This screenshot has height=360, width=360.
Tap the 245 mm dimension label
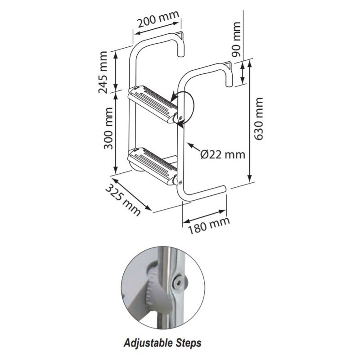click(103, 72)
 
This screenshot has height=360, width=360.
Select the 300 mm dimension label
click(108, 128)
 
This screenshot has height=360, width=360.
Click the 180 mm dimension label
click(209, 225)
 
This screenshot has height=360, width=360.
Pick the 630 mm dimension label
click(258, 118)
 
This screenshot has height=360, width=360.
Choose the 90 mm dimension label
click(236, 39)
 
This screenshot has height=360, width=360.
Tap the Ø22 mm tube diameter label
click(223, 154)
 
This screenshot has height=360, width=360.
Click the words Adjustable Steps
click(162, 343)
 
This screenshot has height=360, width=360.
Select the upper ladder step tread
click(153, 103)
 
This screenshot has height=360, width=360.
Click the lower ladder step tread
click(152, 166)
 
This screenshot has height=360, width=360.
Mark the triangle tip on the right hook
click(228, 65)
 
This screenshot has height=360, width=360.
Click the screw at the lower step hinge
click(180, 182)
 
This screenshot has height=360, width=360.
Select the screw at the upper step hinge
click(180, 118)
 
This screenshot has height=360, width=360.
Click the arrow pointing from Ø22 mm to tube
click(193, 147)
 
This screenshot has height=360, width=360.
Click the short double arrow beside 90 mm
click(242, 73)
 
